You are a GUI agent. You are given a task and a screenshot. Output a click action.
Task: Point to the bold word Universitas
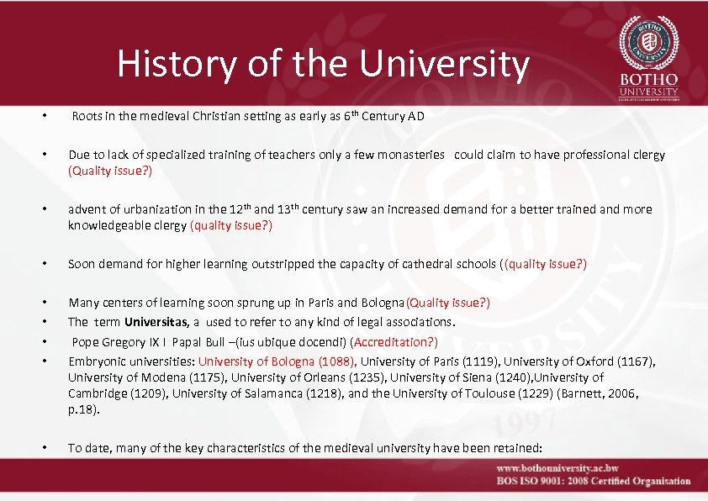(157, 322)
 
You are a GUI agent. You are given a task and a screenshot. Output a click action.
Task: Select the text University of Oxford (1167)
(583, 361)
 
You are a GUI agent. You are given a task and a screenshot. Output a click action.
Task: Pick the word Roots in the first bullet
(87, 117)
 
